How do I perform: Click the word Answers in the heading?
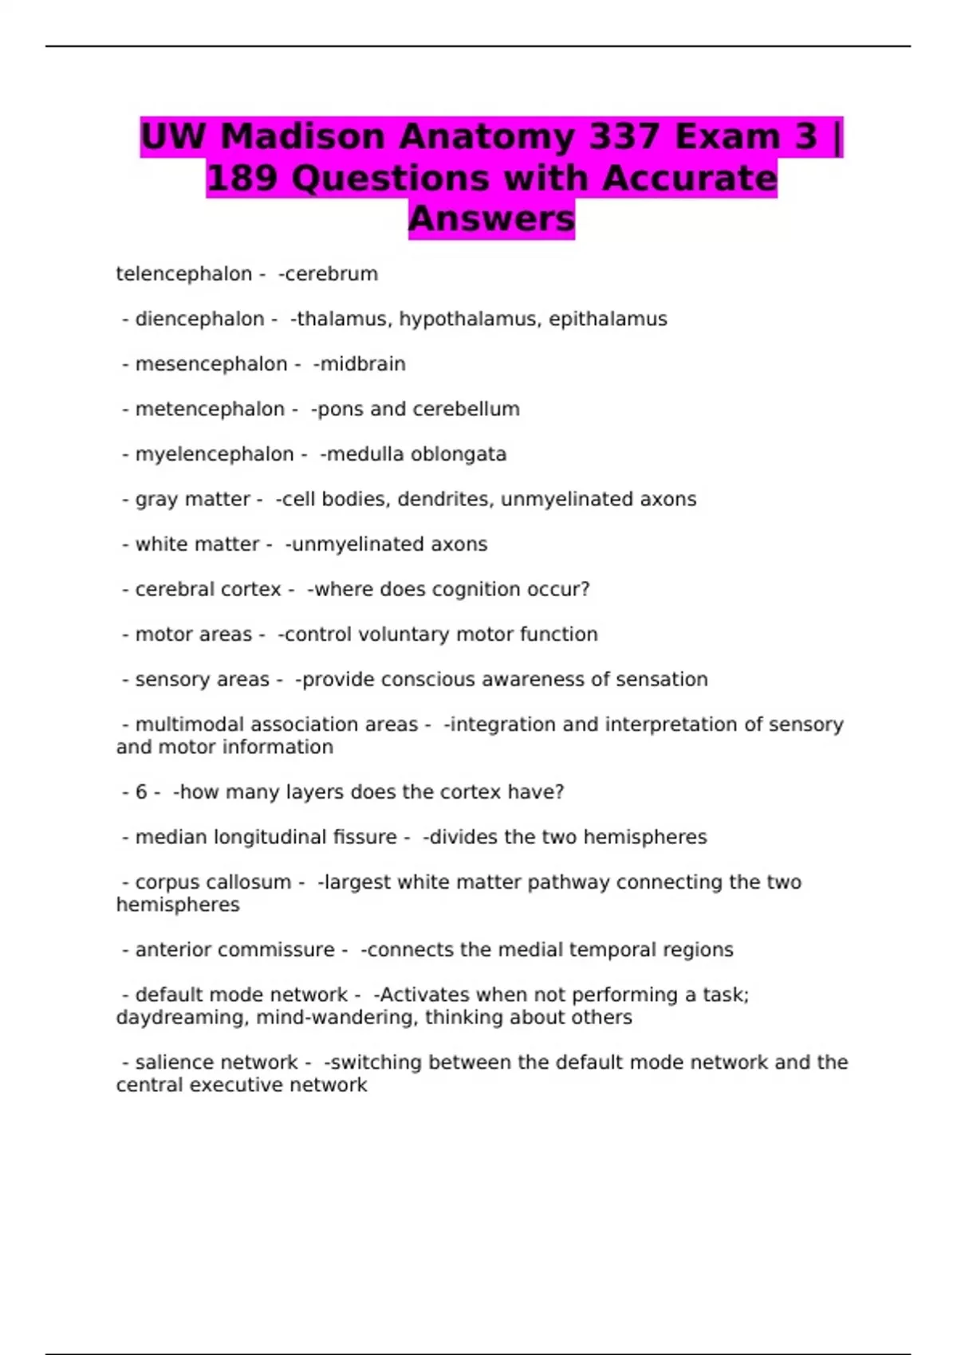(x=491, y=218)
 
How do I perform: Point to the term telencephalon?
(x=183, y=274)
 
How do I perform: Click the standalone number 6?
(x=141, y=792)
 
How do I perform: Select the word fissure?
(x=365, y=837)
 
